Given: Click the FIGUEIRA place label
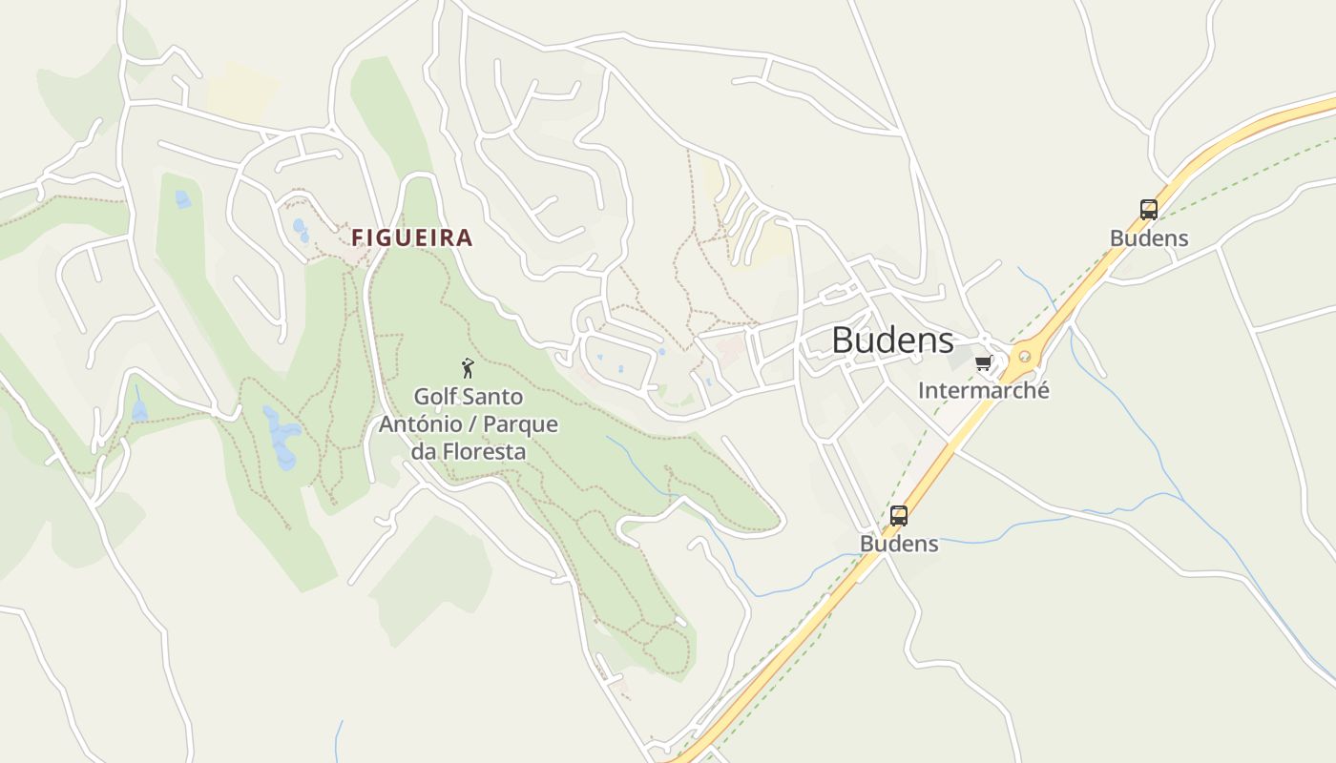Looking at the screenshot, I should (412, 237).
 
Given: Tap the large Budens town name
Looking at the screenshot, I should (892, 340).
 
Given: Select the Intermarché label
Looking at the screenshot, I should (983, 390).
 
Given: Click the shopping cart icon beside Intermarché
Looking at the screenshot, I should (984, 363).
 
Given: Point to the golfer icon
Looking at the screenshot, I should (468, 368).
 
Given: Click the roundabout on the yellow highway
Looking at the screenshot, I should (1025, 358).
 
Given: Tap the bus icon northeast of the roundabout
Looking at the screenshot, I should (1149, 210).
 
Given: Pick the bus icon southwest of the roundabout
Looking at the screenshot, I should (899, 516).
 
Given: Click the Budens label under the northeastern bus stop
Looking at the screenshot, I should (1149, 238).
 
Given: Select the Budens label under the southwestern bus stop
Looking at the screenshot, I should (899, 544).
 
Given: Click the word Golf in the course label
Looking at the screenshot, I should (434, 396).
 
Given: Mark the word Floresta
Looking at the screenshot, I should (485, 451).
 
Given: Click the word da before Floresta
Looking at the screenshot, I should (425, 451).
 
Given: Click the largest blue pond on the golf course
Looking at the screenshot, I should (282, 439).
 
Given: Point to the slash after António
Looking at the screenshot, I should (469, 423).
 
